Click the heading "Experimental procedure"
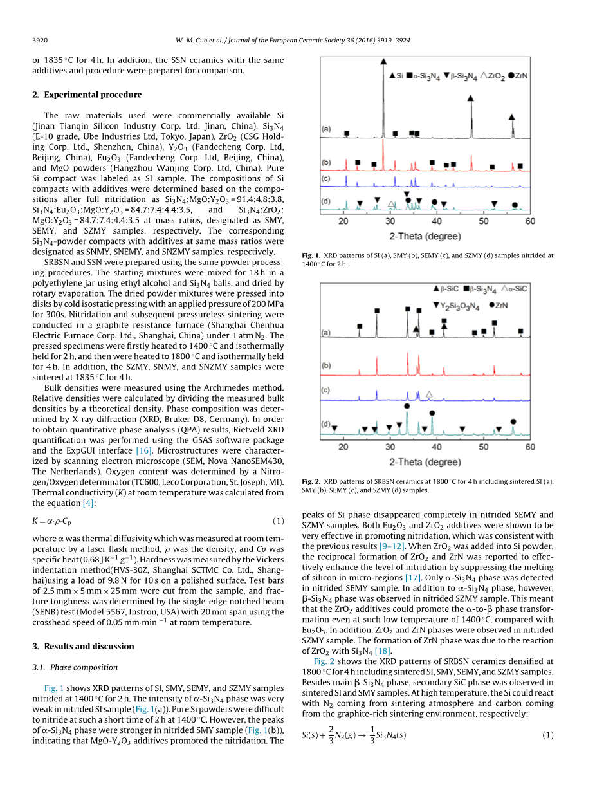point(92,95)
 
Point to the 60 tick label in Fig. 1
point(529,221)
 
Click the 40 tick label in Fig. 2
point(437,447)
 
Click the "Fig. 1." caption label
point(311,255)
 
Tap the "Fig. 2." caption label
point(311,481)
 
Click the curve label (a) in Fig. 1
point(326,129)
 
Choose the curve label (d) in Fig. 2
point(325,424)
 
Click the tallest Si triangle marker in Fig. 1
point(383,60)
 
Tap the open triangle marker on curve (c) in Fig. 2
point(429,394)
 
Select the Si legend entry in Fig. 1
point(396,75)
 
